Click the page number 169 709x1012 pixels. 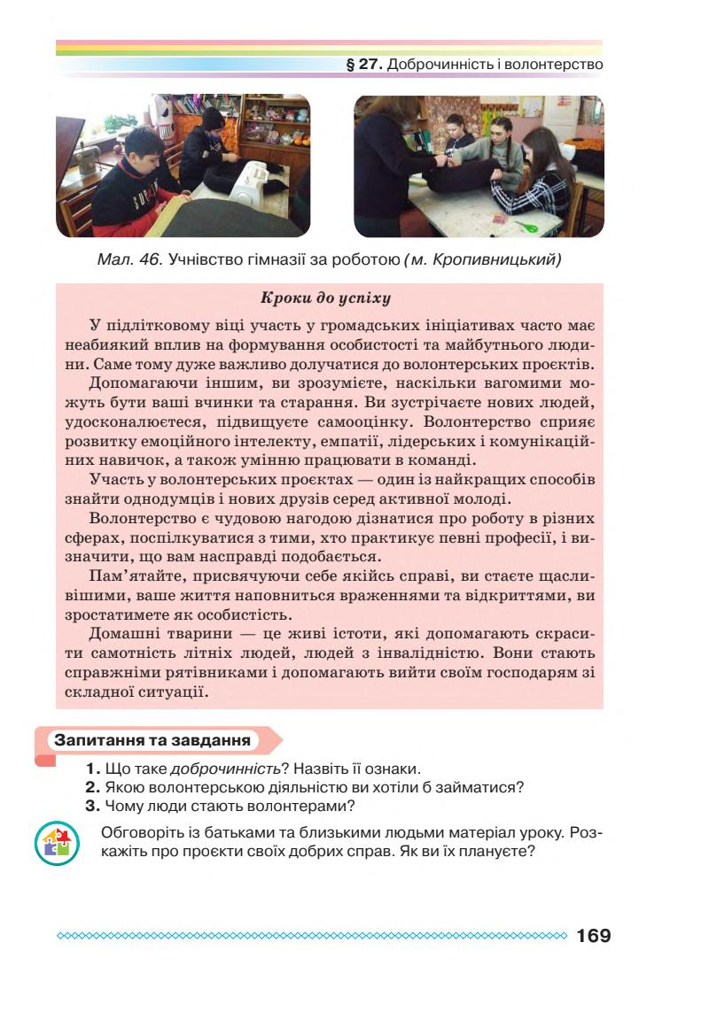click(593, 936)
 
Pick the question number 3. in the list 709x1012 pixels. click(92, 806)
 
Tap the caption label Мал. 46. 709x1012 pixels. click(129, 259)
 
